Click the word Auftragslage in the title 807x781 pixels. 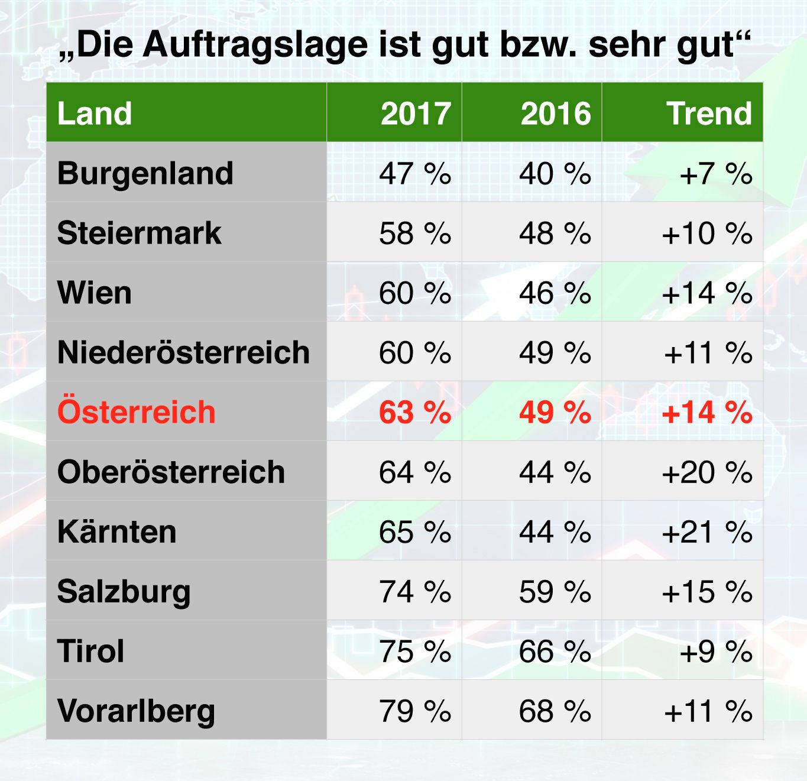click(255, 45)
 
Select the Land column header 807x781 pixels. click(95, 113)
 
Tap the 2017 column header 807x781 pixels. click(416, 113)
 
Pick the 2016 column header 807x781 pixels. click(555, 113)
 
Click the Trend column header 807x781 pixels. click(709, 113)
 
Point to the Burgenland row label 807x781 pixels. click(145, 173)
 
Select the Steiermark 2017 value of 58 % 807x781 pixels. click(415, 234)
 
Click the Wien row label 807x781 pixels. click(95, 293)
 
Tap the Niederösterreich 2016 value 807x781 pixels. click(555, 353)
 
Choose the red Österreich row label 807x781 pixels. click(137, 412)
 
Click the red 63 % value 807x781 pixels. click(415, 412)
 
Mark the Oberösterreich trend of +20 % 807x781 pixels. click(707, 472)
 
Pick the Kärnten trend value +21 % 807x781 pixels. click(707, 532)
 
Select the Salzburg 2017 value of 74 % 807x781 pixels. click(415, 592)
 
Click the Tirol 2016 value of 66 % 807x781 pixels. click(555, 652)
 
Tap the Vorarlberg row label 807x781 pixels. click(137, 711)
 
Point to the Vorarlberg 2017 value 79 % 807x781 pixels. click(415, 711)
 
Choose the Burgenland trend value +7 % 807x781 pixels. click(716, 174)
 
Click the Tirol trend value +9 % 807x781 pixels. click(716, 652)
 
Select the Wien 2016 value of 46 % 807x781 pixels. click(555, 293)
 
